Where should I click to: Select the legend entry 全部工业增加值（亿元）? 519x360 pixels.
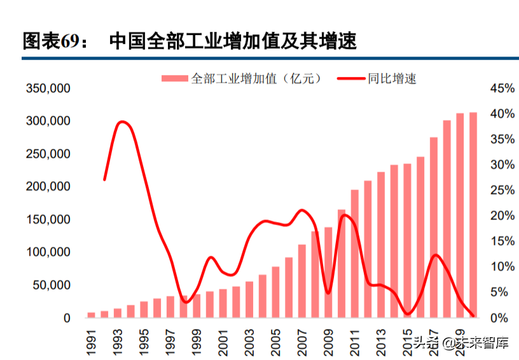click(241, 78)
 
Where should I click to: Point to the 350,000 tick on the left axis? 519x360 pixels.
click(48, 88)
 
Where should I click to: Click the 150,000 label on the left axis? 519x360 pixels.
click(48, 219)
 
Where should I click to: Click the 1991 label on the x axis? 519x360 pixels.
click(92, 339)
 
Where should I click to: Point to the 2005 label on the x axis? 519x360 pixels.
click(276, 339)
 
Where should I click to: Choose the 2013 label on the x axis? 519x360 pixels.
click(381, 339)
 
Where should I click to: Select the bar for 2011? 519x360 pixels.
click(355, 254)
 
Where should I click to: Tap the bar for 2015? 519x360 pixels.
click(408, 242)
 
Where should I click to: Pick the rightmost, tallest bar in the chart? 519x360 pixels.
click(473, 216)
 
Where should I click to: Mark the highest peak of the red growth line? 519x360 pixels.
click(122, 121)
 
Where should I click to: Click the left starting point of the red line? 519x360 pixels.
click(104, 180)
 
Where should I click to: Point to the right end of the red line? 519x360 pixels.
click(473, 315)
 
